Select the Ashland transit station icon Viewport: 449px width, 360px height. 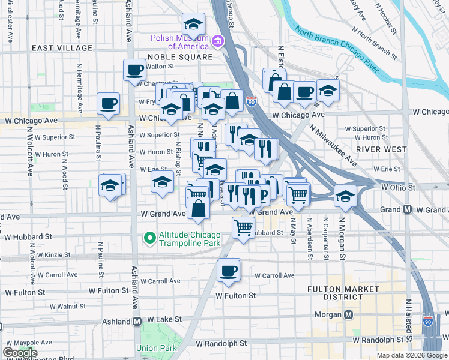click(137, 321)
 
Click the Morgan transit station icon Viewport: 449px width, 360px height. click(348, 316)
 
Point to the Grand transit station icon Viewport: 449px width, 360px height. click(408, 209)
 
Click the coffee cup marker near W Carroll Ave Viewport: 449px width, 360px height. click(228, 271)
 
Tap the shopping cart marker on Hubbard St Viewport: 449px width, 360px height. click(243, 227)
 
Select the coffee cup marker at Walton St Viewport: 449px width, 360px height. click(134, 70)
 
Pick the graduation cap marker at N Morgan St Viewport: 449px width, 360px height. click(345, 197)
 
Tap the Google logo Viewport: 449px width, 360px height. click(20, 353)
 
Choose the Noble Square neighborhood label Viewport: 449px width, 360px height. click(180, 57)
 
